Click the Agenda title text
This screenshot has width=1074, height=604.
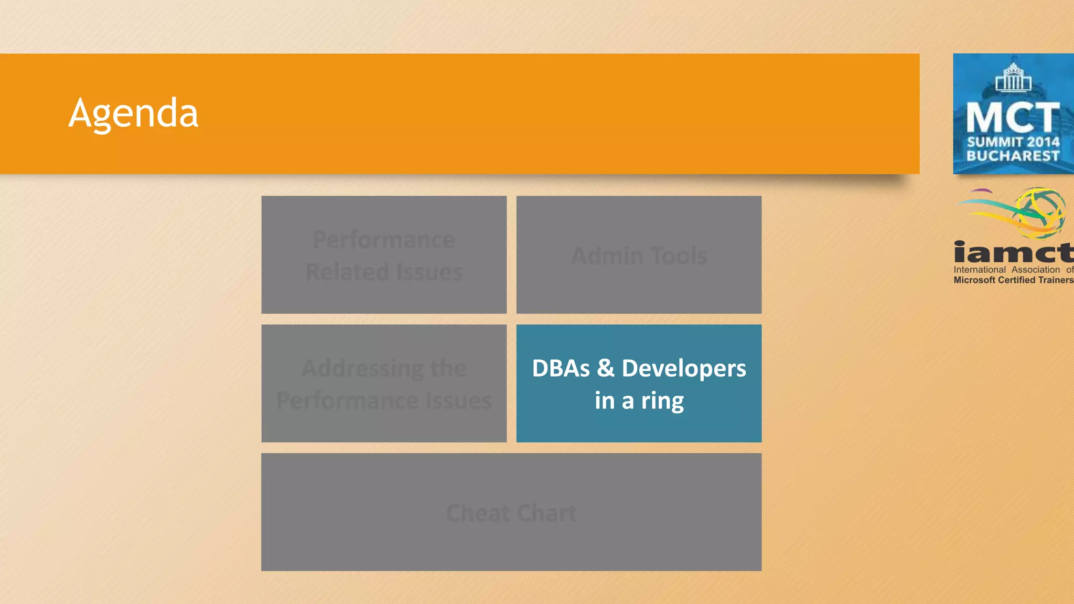point(133,113)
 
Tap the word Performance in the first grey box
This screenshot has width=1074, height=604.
point(384,240)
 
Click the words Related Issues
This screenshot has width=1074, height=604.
point(384,272)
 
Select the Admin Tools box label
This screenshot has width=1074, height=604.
point(639,256)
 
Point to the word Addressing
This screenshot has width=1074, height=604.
point(362,369)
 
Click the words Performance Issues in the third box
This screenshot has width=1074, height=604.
point(384,401)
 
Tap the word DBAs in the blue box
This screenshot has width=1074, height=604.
point(561,369)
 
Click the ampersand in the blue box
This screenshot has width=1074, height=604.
point(605,368)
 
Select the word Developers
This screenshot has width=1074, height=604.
point(683,369)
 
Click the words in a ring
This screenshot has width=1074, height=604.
point(639,401)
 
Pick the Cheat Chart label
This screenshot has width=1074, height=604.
point(511,513)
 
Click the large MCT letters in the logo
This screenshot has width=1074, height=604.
point(1013,118)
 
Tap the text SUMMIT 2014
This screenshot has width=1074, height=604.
point(1013,142)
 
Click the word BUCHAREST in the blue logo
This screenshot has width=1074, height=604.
point(1013,156)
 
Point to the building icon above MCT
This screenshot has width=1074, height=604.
point(1013,78)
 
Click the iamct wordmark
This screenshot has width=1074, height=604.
point(1013,252)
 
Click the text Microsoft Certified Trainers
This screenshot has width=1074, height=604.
point(1013,280)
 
